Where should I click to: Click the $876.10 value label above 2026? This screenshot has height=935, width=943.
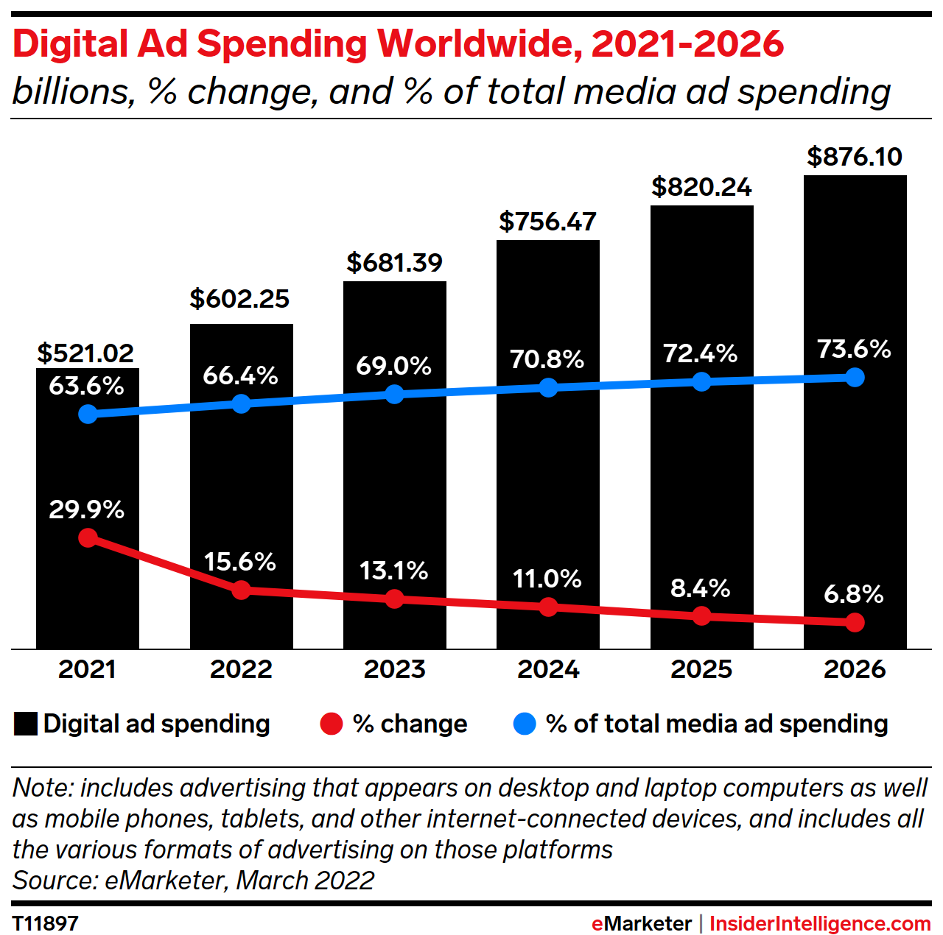point(855,157)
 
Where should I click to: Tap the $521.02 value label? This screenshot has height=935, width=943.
point(86,353)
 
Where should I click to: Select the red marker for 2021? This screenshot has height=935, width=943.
point(88,538)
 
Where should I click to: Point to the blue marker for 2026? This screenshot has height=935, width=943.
point(855,377)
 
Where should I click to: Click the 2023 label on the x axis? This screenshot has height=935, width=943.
point(395,669)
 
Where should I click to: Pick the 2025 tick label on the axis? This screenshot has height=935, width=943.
point(701,669)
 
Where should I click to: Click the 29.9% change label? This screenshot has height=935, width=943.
point(87,509)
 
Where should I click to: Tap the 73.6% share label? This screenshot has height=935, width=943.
point(855,349)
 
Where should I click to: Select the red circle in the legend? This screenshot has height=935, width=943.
point(332,724)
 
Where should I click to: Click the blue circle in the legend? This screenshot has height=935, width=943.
point(524,724)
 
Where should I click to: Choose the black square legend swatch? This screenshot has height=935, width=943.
point(26,724)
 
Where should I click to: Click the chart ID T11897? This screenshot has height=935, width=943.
point(46,923)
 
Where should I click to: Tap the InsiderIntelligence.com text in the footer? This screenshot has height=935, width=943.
point(820,923)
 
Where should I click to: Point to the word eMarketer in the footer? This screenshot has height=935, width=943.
point(642,923)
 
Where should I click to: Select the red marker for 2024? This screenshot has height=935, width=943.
point(548,607)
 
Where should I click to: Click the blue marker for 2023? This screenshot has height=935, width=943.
point(395,395)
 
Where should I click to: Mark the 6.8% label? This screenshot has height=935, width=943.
point(854,594)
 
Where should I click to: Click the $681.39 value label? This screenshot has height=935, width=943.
point(395,263)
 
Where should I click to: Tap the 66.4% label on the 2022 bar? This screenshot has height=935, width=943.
point(241,375)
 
